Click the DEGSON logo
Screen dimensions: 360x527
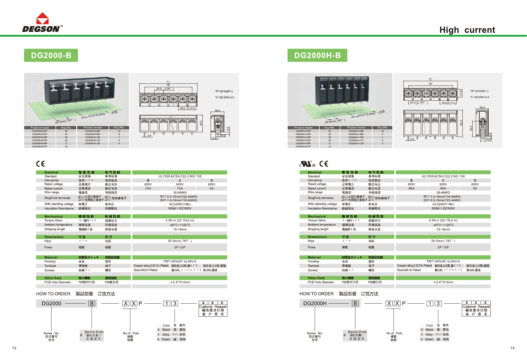42,23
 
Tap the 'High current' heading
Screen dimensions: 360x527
467,30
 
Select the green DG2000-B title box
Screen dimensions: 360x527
51,55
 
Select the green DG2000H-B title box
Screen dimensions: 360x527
317,55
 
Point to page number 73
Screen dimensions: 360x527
14,348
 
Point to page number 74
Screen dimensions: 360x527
512,348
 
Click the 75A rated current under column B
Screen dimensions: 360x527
148,188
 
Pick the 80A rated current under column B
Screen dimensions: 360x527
411,188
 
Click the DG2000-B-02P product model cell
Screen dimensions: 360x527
40,131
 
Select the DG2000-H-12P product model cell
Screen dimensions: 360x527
356,143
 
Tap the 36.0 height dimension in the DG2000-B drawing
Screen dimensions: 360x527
201,123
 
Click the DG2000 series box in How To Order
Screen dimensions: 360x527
51,303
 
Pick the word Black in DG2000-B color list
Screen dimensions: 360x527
166,330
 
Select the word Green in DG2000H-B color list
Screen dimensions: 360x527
429,339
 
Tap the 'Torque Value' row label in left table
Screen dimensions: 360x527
53,220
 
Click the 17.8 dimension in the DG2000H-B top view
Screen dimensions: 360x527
461,93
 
